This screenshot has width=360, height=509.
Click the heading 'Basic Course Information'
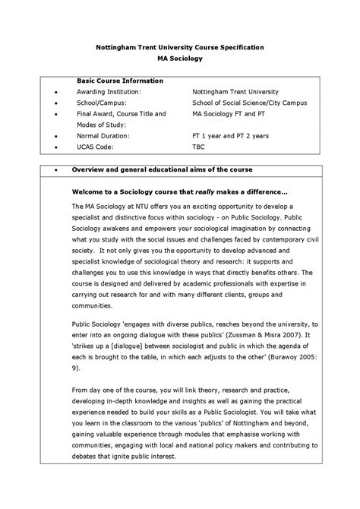point(120,80)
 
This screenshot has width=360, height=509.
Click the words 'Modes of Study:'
point(101,125)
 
